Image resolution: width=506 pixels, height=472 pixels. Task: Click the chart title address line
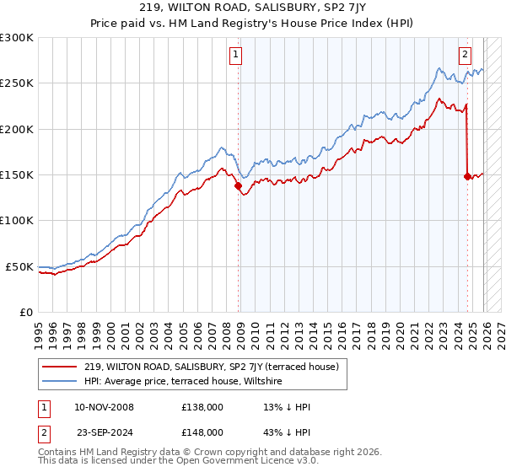pos(253,8)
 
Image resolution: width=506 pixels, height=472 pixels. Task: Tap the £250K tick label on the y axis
pos(17,83)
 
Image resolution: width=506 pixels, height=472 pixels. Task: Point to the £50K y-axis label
pos(19,266)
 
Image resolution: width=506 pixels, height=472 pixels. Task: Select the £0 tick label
pos(25,312)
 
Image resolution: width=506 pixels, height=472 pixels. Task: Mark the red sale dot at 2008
pos(239,186)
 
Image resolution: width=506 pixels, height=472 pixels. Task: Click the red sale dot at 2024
pos(467,177)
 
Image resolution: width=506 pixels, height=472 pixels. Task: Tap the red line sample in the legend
pos(61,367)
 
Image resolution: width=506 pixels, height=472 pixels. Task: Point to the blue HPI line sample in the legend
pos(61,382)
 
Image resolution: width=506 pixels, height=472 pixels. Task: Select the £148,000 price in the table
pos(202,432)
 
